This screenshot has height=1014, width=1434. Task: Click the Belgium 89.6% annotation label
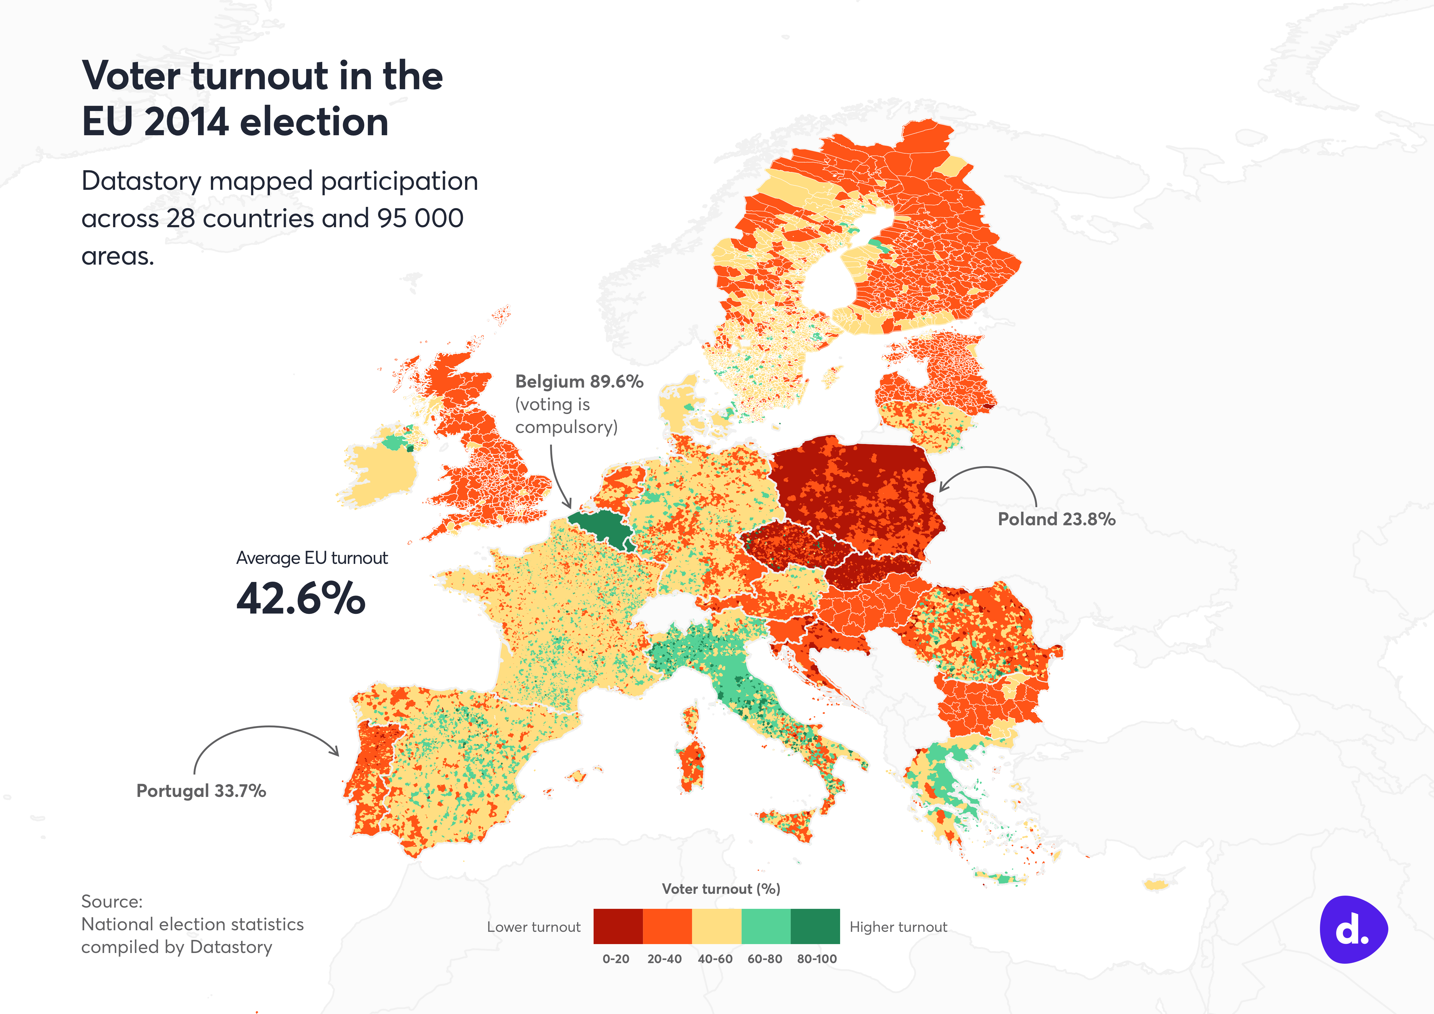579,382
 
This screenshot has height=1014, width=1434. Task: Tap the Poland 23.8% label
1056,519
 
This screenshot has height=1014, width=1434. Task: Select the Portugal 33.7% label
201,791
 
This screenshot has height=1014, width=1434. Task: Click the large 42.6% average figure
300,599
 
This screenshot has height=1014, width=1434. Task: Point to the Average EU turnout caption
312,558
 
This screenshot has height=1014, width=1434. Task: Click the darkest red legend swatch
618,926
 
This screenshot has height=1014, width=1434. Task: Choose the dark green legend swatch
815,926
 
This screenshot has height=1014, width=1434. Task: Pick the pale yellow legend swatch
716,926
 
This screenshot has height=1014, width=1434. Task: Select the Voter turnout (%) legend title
721,889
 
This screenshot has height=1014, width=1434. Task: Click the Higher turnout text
898,927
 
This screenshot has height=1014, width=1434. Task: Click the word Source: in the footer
112,901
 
